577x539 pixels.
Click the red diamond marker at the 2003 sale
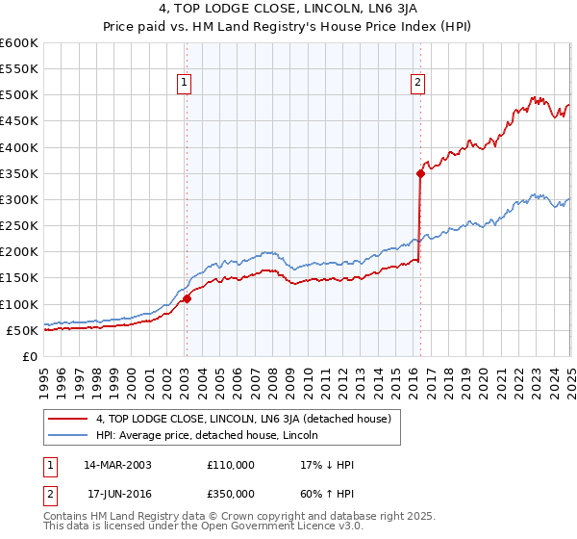[187, 298]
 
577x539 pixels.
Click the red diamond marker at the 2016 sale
[420, 173]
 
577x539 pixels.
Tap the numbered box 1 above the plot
[184, 84]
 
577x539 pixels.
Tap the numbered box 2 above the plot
[418, 84]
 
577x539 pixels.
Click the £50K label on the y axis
[23, 330]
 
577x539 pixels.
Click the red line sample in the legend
[69, 419]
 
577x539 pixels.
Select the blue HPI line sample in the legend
[69, 436]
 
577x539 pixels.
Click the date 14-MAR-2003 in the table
[118, 465]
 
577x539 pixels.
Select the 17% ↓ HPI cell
[327, 465]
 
